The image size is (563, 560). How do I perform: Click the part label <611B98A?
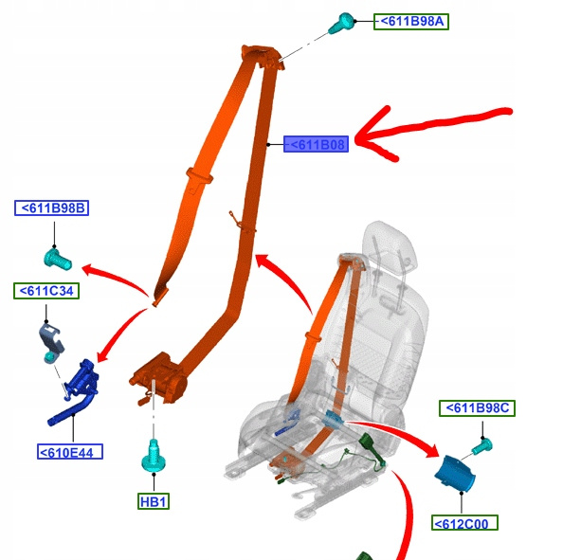pos(411,22)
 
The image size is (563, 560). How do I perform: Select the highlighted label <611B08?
pos(316,144)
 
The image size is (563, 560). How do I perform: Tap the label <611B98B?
pos(52,208)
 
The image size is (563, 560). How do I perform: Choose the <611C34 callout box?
pos(46,291)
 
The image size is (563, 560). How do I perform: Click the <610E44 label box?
pos(70,452)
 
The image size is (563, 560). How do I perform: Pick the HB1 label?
pos(154,501)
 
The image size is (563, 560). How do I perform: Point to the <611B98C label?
pos(477,408)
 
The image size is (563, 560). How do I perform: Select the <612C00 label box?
pos(464,523)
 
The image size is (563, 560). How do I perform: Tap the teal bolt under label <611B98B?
pos(58,260)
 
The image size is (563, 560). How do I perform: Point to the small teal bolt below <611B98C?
pos(482,446)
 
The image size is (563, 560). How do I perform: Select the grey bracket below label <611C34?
pos(51,342)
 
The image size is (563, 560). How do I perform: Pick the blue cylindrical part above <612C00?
pos(455,474)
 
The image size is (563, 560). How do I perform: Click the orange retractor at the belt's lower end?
pos(158,379)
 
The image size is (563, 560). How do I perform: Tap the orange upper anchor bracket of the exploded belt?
pos(263,56)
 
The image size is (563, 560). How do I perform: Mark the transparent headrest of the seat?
pos(390,247)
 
